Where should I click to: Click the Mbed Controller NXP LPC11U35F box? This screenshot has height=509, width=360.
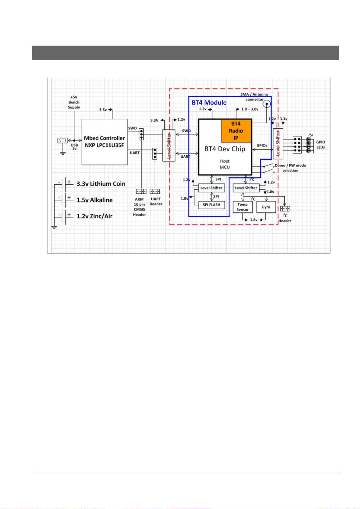coord(104,142)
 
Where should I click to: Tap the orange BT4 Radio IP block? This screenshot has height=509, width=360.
coord(236,131)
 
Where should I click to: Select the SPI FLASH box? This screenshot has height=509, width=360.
coord(211,205)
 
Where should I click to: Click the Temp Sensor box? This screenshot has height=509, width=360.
coord(243,207)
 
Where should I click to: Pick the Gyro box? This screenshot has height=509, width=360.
coord(266,207)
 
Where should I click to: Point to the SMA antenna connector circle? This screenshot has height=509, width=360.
coord(266,104)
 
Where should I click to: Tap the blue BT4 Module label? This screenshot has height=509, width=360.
coord(209,103)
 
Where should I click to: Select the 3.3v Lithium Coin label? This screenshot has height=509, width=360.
coord(101,184)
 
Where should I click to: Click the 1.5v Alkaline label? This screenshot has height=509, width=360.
coord(95,200)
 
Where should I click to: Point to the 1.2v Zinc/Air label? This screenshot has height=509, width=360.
coord(95,216)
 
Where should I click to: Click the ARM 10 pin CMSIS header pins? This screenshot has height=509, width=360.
coord(141,191)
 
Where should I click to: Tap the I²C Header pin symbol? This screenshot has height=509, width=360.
coord(285,208)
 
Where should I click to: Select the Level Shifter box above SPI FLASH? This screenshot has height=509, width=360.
coord(211,188)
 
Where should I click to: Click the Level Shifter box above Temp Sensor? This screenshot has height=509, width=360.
coord(246,188)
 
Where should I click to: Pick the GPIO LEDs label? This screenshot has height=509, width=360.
coord(321,144)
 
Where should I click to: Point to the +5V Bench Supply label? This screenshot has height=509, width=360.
coord(74,102)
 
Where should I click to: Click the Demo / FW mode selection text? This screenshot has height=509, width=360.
coord(290,168)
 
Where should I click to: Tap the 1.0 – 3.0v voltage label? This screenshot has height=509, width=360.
coord(250,109)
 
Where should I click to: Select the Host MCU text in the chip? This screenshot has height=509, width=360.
coord(225,164)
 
